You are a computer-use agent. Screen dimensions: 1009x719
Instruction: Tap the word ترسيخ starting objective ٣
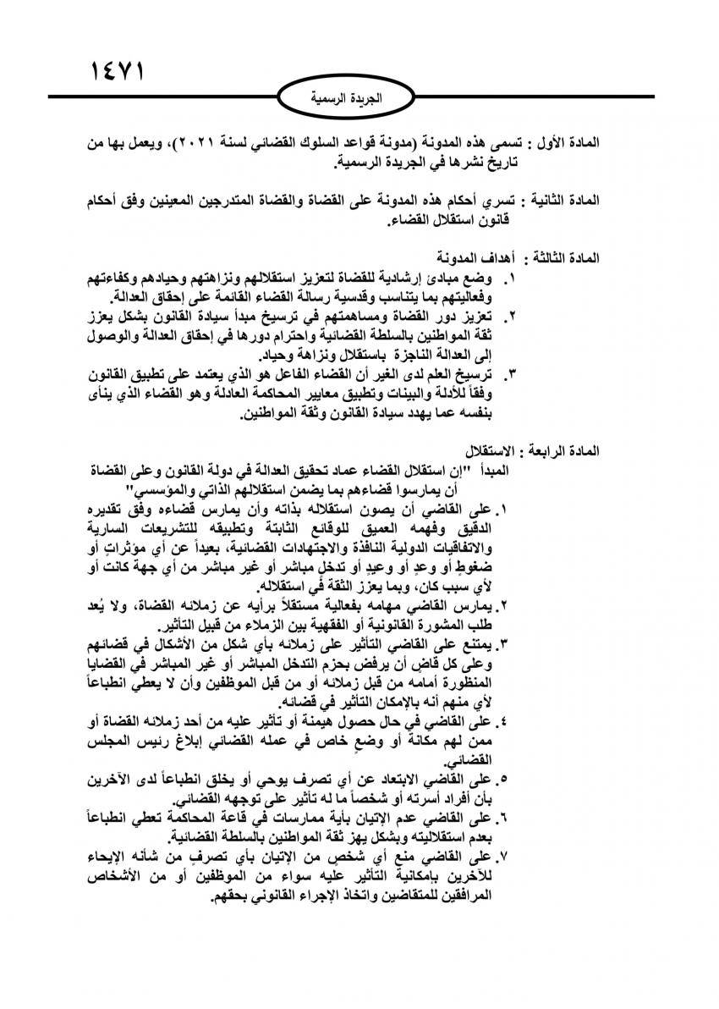click(x=480, y=373)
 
